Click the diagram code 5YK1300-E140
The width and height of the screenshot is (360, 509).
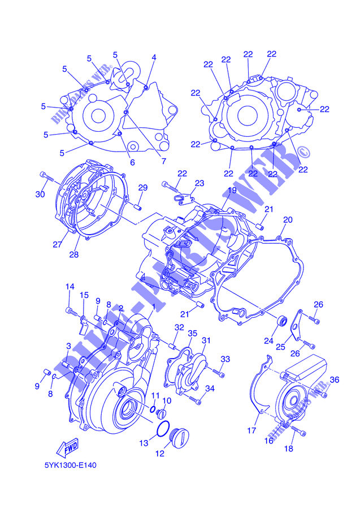(x=71, y=465)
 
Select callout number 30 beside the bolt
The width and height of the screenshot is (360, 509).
(x=40, y=194)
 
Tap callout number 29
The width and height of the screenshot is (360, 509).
(x=143, y=188)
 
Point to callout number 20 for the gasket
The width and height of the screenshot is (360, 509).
(x=288, y=220)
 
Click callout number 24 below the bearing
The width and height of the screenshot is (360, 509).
(x=268, y=340)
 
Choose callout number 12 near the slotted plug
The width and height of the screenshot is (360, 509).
(x=160, y=454)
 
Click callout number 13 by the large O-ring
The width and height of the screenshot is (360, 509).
(x=144, y=443)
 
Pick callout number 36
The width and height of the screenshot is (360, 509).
(x=335, y=379)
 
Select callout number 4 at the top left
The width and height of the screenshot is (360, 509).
(x=154, y=58)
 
